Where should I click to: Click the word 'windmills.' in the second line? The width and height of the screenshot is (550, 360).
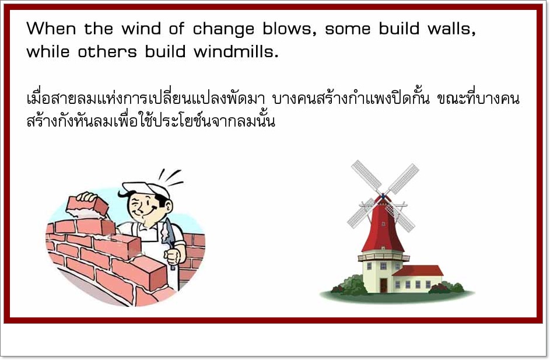236,52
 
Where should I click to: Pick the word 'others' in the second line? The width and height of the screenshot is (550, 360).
107,52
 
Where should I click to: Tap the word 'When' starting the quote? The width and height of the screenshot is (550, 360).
51,29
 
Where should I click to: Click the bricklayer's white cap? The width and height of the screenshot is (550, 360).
146,189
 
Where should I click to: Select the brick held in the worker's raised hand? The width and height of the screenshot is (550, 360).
87,207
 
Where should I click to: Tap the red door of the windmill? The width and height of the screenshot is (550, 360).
383,285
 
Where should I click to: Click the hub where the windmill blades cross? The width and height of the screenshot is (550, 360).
383,196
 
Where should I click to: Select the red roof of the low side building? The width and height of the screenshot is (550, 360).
418,271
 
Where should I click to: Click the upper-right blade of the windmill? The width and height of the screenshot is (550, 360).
402,179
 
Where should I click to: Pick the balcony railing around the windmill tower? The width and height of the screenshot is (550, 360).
383,257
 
